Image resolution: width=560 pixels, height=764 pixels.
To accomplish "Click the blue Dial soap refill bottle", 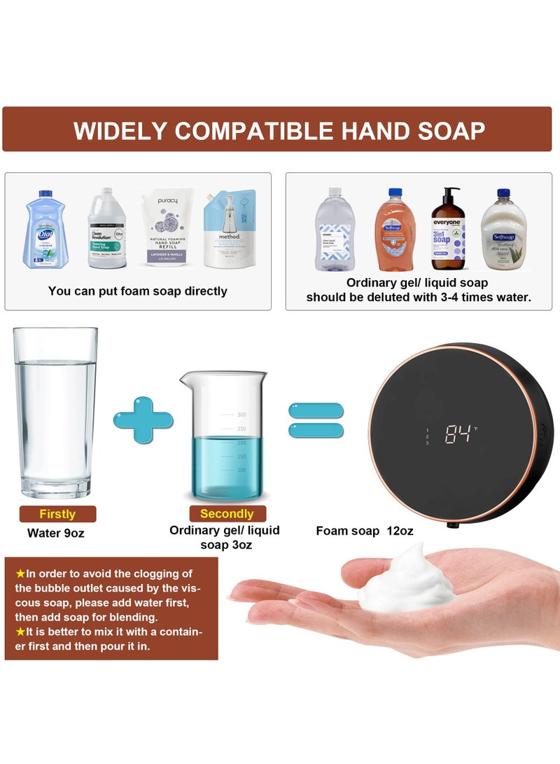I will (x=45, y=230).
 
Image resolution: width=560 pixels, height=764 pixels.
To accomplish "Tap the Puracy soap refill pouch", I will (x=162, y=228).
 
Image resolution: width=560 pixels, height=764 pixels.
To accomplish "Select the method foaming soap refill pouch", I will (x=230, y=229).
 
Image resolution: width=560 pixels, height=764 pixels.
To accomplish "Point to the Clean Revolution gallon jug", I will (x=107, y=228).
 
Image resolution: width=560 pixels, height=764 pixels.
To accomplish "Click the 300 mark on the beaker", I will (x=242, y=414).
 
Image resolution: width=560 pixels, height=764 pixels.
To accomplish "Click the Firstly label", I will (x=57, y=514).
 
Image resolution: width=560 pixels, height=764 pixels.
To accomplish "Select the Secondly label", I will (x=227, y=514).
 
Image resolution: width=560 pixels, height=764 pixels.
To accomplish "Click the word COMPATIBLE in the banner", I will (x=279, y=131).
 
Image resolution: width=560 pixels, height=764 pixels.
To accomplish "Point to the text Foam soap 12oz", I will (x=364, y=531).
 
